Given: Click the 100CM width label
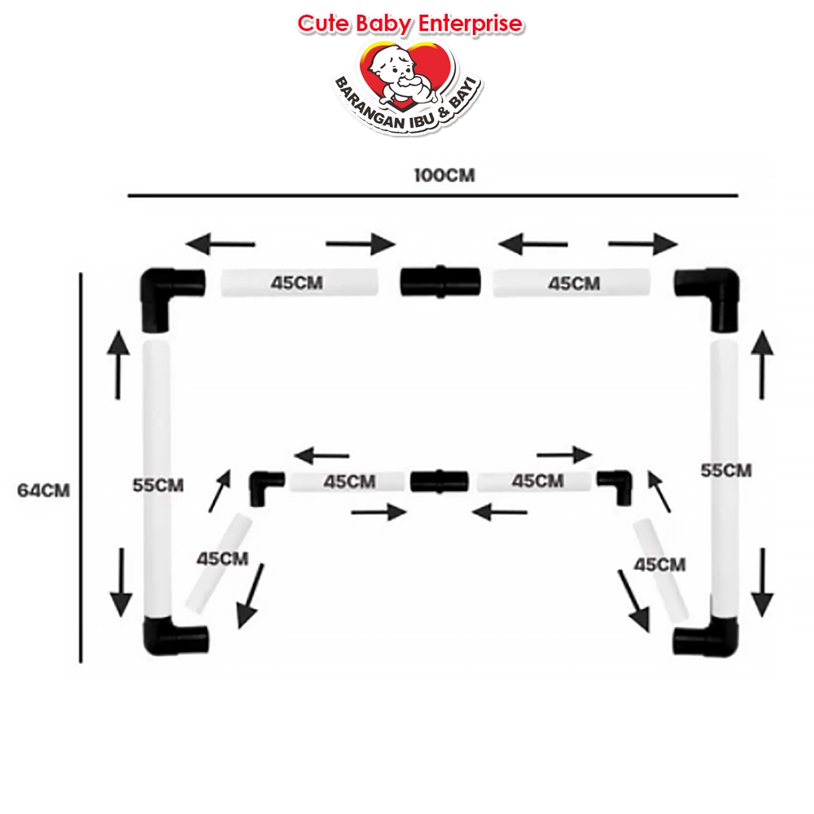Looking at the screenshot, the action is point(443,176).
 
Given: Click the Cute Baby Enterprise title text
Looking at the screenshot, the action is point(409,24).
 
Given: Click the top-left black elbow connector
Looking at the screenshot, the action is point(168,295).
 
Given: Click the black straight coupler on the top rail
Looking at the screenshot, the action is point(440,282).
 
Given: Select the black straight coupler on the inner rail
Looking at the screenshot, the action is point(440,480).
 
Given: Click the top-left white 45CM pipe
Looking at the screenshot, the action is point(300,283).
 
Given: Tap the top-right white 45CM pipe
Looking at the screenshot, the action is point(571,283).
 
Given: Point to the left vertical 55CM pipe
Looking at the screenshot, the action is point(157,480).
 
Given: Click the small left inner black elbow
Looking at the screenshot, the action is point(265,485).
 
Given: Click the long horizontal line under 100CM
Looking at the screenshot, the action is point(432,195).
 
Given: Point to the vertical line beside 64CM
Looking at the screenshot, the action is point(81,468).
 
